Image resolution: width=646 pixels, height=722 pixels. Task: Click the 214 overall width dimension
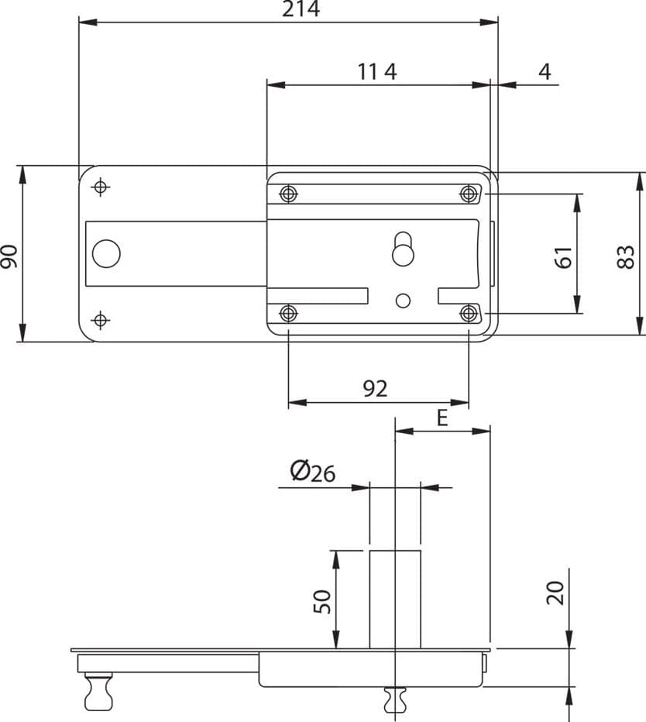pos(301,9)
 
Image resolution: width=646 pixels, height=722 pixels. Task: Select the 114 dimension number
pos(377,72)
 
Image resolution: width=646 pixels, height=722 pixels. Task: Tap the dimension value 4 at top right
pos(545,72)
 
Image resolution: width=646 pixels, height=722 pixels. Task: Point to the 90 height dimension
pos(9,257)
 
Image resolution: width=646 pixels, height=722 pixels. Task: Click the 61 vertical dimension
pos(563,257)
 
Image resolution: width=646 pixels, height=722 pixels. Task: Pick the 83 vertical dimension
pos(626,257)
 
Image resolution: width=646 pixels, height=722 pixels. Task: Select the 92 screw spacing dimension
pos(375,389)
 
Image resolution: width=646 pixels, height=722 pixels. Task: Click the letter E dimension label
pos(442,418)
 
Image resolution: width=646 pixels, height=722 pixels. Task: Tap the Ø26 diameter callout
pos(313,472)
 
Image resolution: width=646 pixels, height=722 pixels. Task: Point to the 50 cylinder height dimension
pos(322,601)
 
